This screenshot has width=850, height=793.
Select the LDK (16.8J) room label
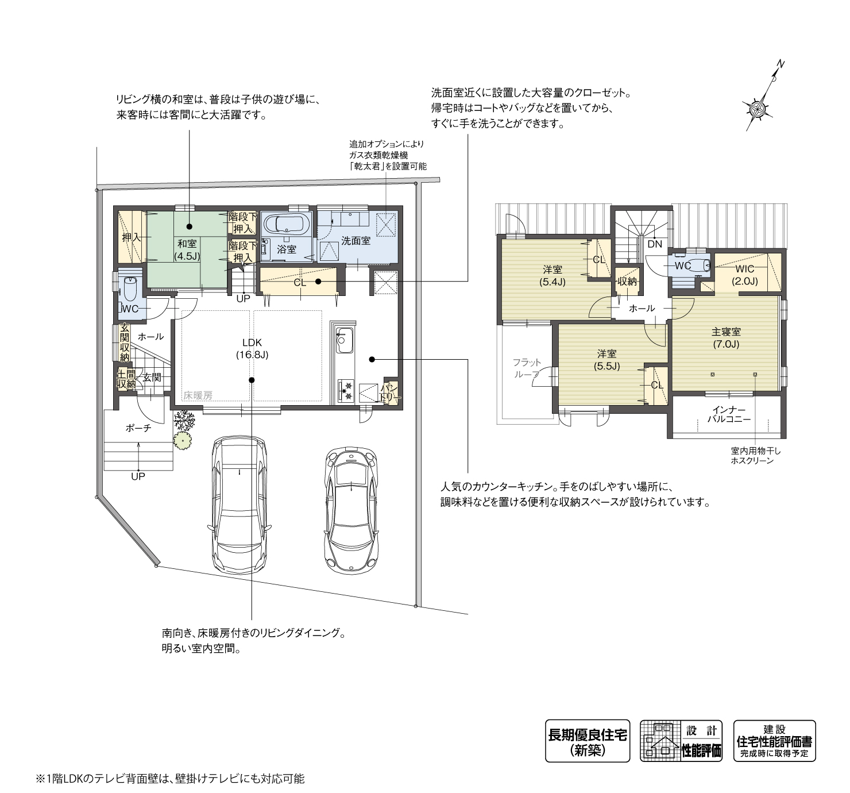coord(252,349)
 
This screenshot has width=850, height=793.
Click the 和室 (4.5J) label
coord(187,250)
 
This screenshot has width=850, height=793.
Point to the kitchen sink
coord(343,341)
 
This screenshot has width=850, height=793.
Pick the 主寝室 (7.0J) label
coord(726,337)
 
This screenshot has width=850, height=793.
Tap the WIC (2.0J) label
coord(745,275)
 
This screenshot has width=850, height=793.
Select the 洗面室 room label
coord(356,241)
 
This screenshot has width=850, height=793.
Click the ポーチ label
coord(138,428)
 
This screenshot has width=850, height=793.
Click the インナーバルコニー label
coord(729,415)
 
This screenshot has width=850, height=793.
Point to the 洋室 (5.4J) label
coord(552,275)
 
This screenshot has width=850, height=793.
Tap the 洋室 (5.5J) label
coord(606,360)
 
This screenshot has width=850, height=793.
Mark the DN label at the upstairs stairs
coord(655,244)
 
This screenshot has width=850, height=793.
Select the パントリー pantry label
coord(392,393)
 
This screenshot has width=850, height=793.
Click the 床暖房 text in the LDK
coord(198,396)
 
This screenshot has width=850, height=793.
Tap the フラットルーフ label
coord(527,368)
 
